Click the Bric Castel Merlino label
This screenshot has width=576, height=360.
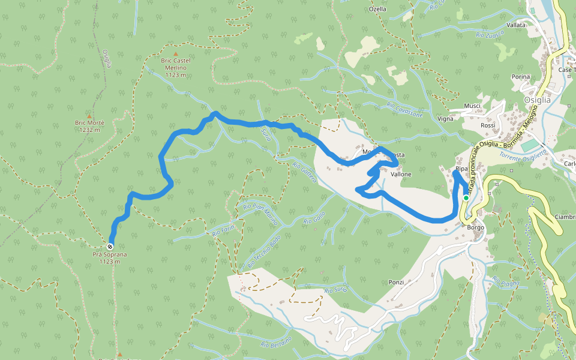175,64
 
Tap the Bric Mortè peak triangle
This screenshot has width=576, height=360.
89,116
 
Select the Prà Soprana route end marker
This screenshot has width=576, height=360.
110,247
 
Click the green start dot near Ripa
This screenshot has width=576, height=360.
466,197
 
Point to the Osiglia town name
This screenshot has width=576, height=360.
537,100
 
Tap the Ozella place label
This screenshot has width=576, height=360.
377,9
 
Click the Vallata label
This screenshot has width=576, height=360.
516,25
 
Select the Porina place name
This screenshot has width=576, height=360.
521,77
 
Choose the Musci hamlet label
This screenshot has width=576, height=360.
473,106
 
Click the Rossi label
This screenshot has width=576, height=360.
487,125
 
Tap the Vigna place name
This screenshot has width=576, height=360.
445,119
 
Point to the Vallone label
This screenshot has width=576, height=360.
401,174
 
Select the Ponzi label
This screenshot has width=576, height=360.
396,282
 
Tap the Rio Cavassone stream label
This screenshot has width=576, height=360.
404,110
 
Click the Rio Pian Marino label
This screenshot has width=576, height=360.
260,214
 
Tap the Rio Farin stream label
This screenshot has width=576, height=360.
223,231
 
